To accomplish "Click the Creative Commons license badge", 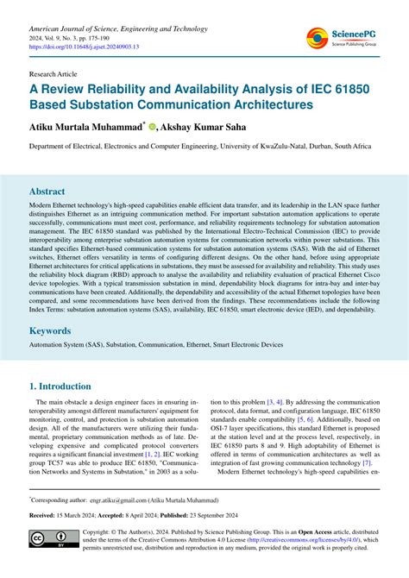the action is click(x=48, y=540).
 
